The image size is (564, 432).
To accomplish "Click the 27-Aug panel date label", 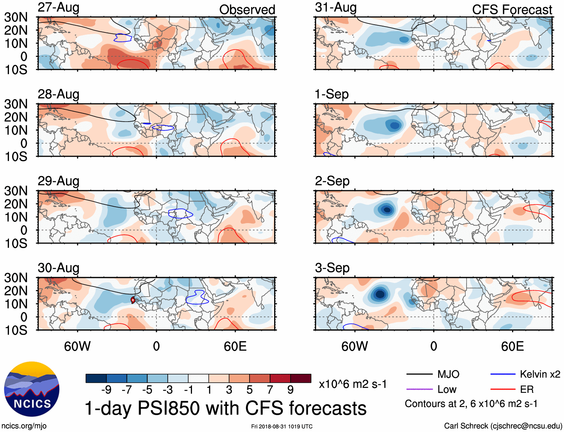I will pyautogui.click(x=58, y=7).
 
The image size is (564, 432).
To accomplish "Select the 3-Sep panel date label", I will pyautogui.click(x=332, y=268).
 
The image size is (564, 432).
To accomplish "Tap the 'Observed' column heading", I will pyautogui.click(x=247, y=10).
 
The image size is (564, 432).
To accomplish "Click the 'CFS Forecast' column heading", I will pyautogui.click(x=512, y=10).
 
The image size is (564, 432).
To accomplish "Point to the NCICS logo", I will pyautogui.click(x=32, y=389).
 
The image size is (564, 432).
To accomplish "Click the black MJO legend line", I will pyautogui.click(x=419, y=374).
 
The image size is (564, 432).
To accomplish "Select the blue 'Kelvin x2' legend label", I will pyautogui.click(x=540, y=374).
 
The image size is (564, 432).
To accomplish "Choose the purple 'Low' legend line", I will pyautogui.click(x=419, y=389).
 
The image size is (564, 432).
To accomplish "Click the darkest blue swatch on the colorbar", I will pyautogui.click(x=96, y=378).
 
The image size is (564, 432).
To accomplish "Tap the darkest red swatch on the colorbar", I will pyautogui.click(x=301, y=378).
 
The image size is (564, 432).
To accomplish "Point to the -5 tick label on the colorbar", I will pyautogui.click(x=147, y=390).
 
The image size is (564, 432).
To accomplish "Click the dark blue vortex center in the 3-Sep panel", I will pyautogui.click(x=380, y=294).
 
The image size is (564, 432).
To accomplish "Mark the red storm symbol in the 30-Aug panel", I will pyautogui.click(x=133, y=300).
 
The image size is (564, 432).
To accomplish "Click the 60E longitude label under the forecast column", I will pyautogui.click(x=512, y=347).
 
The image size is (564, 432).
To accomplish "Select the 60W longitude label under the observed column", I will pyautogui.click(x=77, y=347).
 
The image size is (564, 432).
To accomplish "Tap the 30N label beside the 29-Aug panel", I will pyautogui.click(x=16, y=191).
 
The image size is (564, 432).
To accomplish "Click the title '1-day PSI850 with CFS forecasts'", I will pyautogui.click(x=226, y=408).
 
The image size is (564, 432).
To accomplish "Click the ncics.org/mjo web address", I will pyautogui.click(x=24, y=426).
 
